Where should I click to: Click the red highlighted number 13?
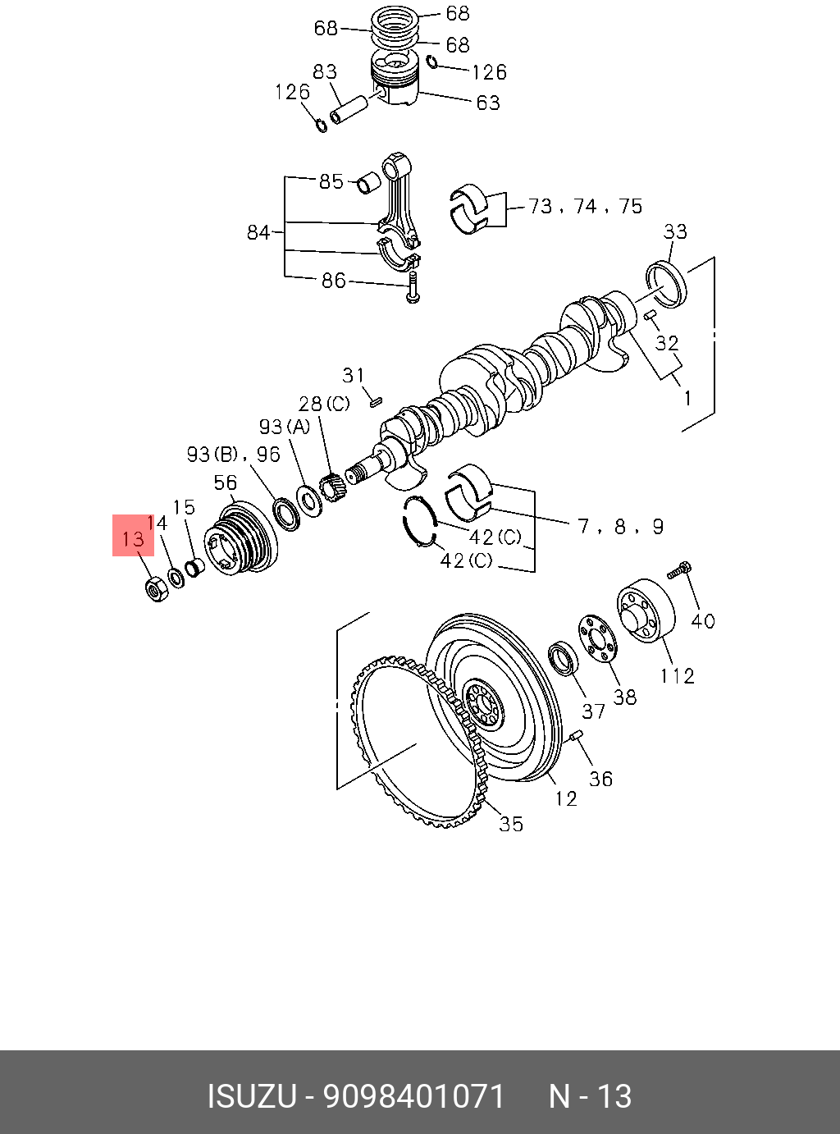(x=133, y=539)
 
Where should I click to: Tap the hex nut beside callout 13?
(x=156, y=589)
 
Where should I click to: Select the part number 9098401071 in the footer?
(x=414, y=1096)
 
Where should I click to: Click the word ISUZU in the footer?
(x=251, y=1096)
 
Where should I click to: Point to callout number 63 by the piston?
(x=487, y=103)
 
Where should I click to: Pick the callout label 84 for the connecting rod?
(x=258, y=232)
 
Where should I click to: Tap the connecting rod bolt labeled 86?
(x=413, y=289)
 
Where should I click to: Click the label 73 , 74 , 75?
(x=585, y=206)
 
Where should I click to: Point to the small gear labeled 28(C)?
(x=332, y=489)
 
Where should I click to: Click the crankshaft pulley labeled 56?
(x=238, y=539)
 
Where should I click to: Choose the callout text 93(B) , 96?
(x=233, y=454)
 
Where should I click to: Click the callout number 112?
(x=678, y=675)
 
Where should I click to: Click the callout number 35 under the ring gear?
(x=510, y=823)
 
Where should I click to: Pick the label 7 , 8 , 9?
(x=620, y=526)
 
